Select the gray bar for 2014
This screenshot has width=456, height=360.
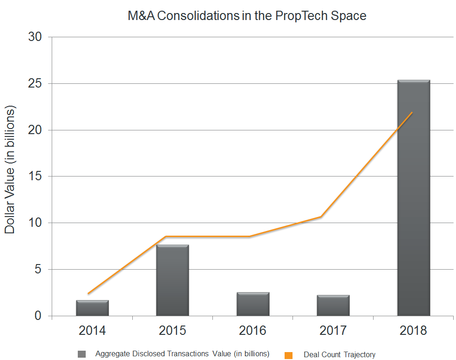point(92,308)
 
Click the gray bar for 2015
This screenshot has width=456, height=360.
point(172,281)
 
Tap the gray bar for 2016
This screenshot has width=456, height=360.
point(253,305)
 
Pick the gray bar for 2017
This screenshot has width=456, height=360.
point(333,306)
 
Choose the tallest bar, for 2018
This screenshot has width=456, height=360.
point(413,198)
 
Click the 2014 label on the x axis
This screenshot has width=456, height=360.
point(92,331)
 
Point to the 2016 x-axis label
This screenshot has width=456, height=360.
point(253,331)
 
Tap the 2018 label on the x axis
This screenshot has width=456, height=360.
point(413,331)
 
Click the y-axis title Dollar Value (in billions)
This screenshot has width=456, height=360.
point(10,170)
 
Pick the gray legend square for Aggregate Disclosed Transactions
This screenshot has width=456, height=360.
point(82,354)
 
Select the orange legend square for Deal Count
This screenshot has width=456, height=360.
point(288,355)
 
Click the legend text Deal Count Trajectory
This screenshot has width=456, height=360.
point(339,355)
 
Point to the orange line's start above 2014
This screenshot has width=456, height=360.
point(88,294)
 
